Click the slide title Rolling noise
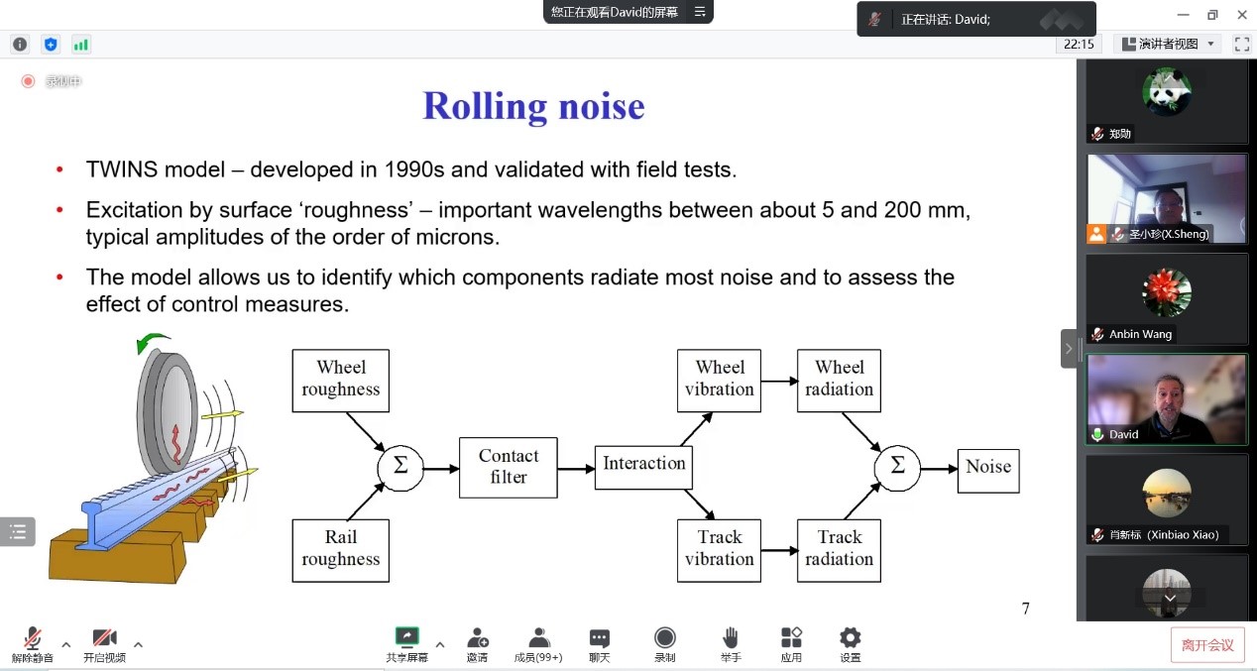(x=533, y=106)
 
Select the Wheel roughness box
(x=341, y=380)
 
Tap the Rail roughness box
(x=341, y=549)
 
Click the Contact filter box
(x=509, y=467)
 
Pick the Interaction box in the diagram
(x=643, y=465)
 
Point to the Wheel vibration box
(x=719, y=380)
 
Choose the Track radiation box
(x=839, y=549)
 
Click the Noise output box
(x=987, y=468)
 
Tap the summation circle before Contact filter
(x=400, y=467)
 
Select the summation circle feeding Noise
(x=897, y=467)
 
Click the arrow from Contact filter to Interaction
(x=576, y=468)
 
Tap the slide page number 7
(x=1026, y=609)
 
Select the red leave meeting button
(x=1207, y=645)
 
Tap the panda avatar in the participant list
(x=1167, y=91)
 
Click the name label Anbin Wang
(x=1140, y=334)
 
